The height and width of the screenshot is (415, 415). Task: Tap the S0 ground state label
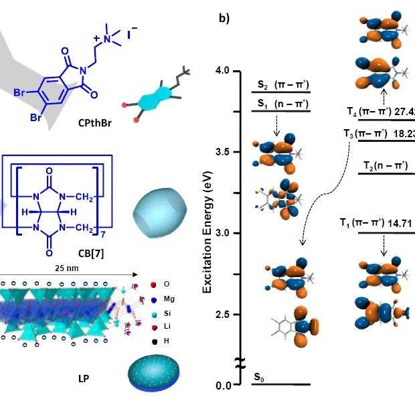tap(258, 378)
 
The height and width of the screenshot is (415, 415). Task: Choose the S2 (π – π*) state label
tap(282, 86)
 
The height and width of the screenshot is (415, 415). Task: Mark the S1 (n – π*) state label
tap(282, 104)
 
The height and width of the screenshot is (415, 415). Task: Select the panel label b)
tap(224, 18)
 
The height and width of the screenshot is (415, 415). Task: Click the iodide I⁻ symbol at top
tap(133, 30)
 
